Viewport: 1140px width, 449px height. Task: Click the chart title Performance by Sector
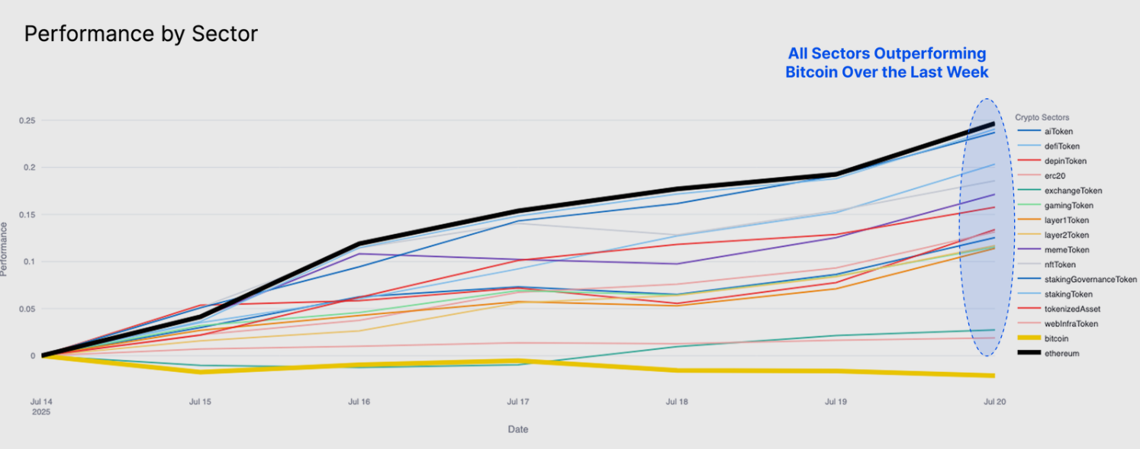pos(141,34)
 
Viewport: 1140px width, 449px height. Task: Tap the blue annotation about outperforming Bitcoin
pos(887,63)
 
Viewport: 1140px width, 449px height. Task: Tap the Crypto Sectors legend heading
pos(1042,117)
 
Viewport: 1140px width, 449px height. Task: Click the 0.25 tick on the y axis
pos(28,120)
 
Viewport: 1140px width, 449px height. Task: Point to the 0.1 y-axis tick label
pos(31,261)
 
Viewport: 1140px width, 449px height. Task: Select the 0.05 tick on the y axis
pos(28,309)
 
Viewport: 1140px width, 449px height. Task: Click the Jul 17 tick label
pos(518,401)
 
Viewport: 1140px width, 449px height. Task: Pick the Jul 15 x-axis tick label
pos(200,401)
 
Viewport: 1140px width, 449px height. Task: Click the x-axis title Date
pos(518,429)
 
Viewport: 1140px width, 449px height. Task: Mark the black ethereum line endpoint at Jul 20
pos(993,123)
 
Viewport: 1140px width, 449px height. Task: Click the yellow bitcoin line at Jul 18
pos(677,370)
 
